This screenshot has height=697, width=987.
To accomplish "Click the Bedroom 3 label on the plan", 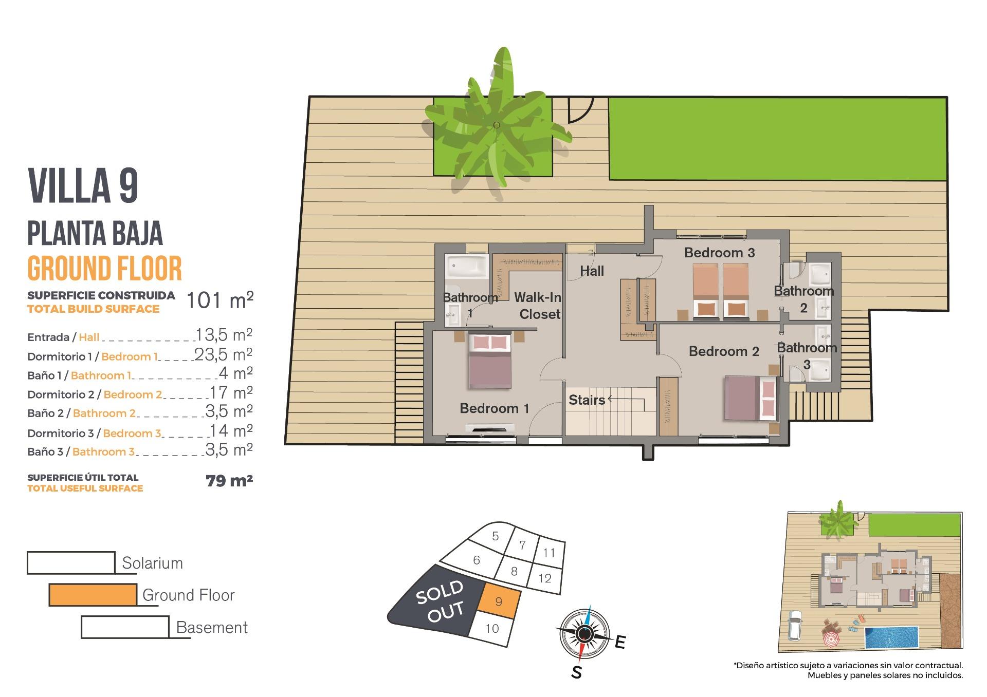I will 719,253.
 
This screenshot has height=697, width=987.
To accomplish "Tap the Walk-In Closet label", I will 538,306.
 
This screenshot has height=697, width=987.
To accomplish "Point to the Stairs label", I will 587,400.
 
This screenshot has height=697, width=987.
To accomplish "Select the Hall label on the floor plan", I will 592,271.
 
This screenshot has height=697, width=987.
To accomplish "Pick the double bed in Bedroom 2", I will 750,399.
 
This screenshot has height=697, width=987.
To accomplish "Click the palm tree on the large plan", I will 496,125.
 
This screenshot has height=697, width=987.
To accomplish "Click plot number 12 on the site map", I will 545,578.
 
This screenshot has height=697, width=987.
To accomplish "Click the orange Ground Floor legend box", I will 93,595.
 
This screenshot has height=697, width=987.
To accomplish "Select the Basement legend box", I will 125,627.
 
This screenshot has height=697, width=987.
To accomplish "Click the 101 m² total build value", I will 220,300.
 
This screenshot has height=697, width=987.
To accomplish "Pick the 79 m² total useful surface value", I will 229,481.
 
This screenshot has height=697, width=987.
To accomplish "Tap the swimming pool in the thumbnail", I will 892,637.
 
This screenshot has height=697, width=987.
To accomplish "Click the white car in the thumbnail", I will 795,625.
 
